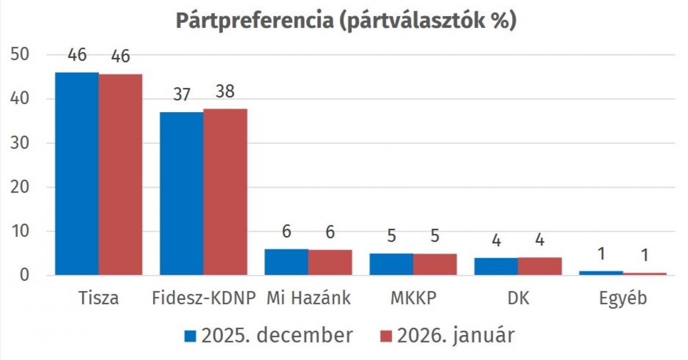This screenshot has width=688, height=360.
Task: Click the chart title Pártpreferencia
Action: (x=346, y=21)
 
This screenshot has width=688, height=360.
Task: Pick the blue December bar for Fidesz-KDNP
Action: (x=181, y=194)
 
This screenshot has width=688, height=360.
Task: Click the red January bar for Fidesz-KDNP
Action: (x=225, y=192)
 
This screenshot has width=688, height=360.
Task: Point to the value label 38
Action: (x=225, y=92)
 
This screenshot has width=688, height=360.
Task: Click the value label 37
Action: (x=181, y=95)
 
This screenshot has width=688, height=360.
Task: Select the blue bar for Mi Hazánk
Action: (x=286, y=262)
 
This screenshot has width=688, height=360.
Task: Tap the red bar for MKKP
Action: (x=435, y=264)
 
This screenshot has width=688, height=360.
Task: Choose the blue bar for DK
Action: (x=496, y=266)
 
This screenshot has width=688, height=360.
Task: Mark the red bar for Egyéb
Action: (x=645, y=274)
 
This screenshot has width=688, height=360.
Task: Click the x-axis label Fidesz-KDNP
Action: (x=203, y=298)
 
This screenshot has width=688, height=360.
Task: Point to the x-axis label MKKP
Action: (x=413, y=298)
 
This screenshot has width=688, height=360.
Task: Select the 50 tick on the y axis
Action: (x=19, y=55)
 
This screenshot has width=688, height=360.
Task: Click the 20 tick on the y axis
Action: (x=19, y=187)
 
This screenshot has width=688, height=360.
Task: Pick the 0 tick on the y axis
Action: (x=24, y=275)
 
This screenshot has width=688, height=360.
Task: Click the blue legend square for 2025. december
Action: (x=190, y=336)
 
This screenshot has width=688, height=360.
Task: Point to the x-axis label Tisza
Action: (x=98, y=298)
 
